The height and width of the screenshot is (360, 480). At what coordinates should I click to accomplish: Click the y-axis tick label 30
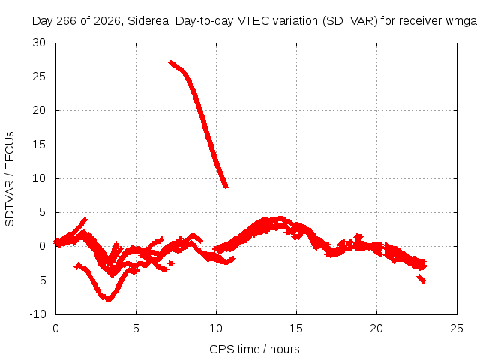click(39, 43)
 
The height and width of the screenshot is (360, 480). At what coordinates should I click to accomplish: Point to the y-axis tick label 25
click(39, 76)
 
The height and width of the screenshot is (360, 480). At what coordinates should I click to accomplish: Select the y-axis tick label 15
click(39, 145)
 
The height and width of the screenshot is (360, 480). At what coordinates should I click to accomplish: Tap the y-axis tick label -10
click(38, 314)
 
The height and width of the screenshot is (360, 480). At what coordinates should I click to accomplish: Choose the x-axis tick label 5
click(136, 328)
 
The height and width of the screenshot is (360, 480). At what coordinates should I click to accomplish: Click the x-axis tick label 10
click(216, 328)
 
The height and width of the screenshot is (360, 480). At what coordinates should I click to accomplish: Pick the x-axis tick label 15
click(296, 328)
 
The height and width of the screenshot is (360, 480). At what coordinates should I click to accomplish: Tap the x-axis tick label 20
click(376, 328)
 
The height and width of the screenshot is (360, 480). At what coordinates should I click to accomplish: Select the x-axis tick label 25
click(457, 328)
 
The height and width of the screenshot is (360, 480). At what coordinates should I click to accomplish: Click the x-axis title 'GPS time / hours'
click(254, 349)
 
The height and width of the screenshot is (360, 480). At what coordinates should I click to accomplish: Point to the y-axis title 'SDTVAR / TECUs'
click(10, 179)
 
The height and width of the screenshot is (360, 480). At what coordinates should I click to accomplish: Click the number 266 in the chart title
click(67, 21)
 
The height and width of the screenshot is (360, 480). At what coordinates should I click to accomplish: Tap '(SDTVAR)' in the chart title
click(350, 21)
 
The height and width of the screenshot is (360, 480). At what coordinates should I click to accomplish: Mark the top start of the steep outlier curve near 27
click(170, 62)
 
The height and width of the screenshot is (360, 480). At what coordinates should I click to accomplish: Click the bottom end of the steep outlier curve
click(226, 187)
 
